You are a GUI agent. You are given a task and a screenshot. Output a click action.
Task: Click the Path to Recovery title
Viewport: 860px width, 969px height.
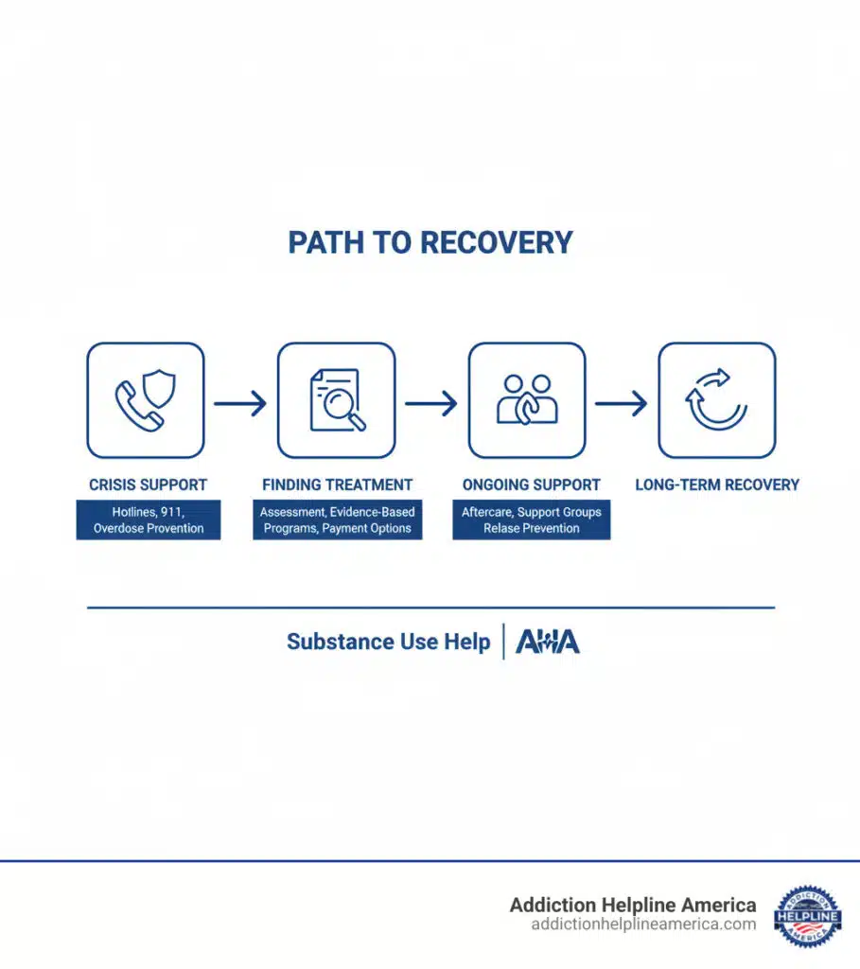[x=430, y=242]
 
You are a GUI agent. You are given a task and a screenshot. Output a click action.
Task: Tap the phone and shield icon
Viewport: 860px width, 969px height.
[x=146, y=400]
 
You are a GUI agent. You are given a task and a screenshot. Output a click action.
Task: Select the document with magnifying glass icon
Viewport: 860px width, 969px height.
[x=336, y=400]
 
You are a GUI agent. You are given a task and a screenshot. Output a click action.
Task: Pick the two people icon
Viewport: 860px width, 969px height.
[x=527, y=400]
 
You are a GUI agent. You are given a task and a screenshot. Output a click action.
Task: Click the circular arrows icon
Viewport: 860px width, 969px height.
[x=716, y=400]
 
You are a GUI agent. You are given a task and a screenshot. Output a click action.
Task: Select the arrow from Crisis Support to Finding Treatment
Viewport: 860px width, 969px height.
[x=240, y=404]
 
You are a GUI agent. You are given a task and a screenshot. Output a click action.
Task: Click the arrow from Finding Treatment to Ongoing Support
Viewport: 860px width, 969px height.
[x=431, y=404]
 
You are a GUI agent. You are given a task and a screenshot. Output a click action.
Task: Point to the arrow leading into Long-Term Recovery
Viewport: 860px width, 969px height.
[x=622, y=404]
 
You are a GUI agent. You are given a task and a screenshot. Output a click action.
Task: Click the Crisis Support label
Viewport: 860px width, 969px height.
[x=148, y=484]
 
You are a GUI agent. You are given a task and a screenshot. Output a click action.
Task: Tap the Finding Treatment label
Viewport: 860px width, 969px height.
[x=338, y=484]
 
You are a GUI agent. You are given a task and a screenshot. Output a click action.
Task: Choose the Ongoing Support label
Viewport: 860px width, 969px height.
[x=531, y=484]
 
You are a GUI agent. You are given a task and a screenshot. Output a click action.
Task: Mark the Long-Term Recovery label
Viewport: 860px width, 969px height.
[x=717, y=484]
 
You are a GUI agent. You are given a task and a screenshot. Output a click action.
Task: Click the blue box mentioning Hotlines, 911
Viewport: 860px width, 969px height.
[x=149, y=520]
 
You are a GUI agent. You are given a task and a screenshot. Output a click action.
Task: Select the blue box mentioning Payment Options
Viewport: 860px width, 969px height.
[x=338, y=520]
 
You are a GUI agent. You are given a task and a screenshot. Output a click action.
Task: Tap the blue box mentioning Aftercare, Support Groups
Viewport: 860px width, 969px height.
[x=532, y=520]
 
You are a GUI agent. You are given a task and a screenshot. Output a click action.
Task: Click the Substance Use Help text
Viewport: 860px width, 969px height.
[x=389, y=642]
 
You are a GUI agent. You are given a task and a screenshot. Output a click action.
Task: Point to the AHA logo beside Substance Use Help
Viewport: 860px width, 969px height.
[x=548, y=642]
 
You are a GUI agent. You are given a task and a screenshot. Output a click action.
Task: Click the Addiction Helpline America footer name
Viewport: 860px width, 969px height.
[x=633, y=905]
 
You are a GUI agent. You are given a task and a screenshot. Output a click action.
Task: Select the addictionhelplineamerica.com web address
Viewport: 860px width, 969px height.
[x=644, y=925]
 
